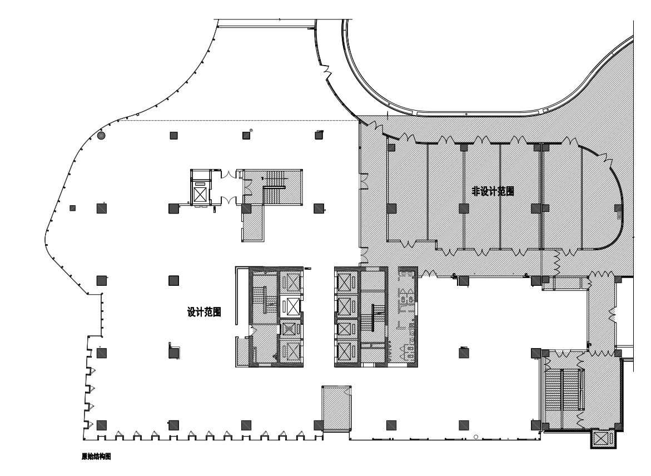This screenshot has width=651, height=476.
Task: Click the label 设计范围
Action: pyautogui.click(x=204, y=312)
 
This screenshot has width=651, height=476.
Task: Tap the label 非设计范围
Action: pyautogui.click(x=493, y=191)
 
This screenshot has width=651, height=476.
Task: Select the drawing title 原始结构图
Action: pyautogui.click(x=96, y=457)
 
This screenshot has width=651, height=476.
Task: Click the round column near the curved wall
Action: pyautogui.click(x=101, y=136)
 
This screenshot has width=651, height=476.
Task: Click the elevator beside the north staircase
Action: pyautogui.click(x=200, y=194)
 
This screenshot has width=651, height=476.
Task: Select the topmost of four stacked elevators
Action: pyautogui.click(x=345, y=282)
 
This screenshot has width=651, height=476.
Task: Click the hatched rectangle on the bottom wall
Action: pyautogui.click(x=336, y=408)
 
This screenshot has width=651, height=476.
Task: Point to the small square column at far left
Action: pyautogui.click(x=73, y=208)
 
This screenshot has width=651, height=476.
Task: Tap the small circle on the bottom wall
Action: pyautogui.click(x=476, y=437)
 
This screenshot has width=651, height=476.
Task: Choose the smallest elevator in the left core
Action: pyautogui.click(x=290, y=329)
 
